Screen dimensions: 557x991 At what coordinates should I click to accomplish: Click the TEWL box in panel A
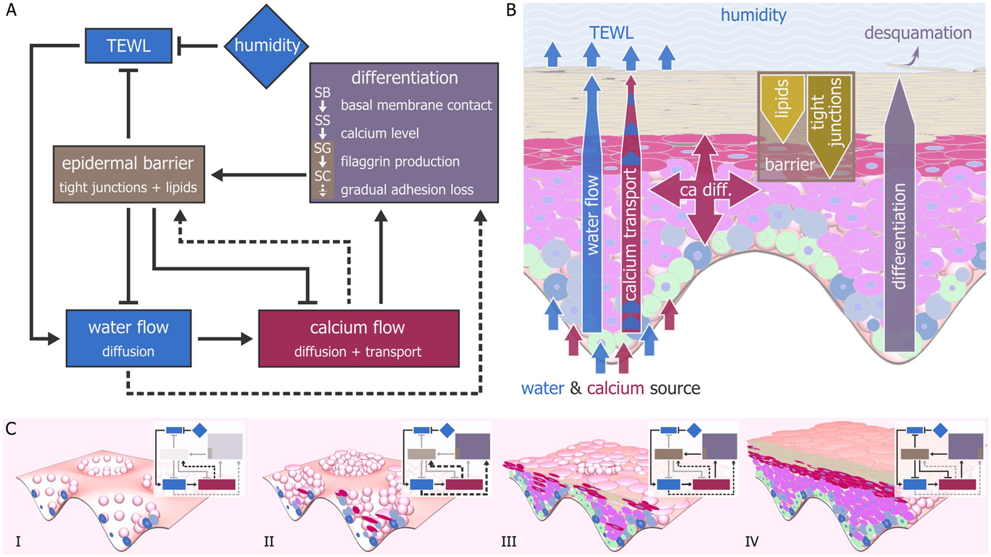click(x=128, y=46)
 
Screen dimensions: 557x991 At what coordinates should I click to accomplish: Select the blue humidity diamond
click(x=267, y=46)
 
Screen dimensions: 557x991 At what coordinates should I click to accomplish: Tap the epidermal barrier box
click(x=128, y=174)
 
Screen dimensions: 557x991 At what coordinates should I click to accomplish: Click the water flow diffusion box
click(x=128, y=338)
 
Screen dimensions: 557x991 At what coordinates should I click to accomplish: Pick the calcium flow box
click(x=358, y=338)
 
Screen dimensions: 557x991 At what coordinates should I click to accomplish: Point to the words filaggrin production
click(x=400, y=161)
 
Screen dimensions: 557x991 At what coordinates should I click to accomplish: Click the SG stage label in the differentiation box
click(x=322, y=148)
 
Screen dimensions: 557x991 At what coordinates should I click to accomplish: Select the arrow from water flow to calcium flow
click(x=225, y=338)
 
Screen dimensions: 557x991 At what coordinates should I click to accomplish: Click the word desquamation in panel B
click(x=917, y=33)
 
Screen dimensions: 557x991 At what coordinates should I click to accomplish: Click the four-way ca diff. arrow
click(x=705, y=190)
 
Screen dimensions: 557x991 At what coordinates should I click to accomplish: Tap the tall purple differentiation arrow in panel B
click(x=899, y=222)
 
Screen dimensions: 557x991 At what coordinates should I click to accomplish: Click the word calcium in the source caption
click(x=615, y=388)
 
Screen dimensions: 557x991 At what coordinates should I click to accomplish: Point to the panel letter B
click(x=511, y=10)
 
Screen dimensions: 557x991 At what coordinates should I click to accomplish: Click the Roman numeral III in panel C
click(x=509, y=541)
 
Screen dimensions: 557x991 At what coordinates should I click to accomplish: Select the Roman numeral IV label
click(x=752, y=541)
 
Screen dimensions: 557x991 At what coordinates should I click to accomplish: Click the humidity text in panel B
click(x=753, y=15)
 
